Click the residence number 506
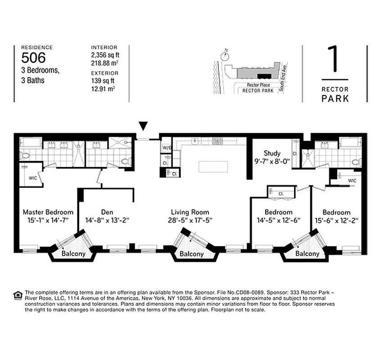(33, 57)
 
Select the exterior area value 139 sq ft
(103, 81)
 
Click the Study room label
(272, 153)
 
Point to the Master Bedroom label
(48, 212)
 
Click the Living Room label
(190, 212)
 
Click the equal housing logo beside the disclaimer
(18, 295)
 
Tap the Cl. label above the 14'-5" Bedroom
(280, 193)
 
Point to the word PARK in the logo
(335, 98)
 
